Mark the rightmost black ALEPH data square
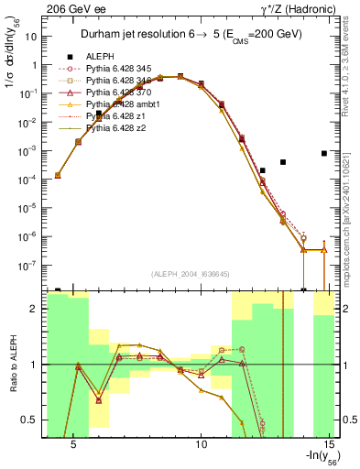[x=324, y=153]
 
